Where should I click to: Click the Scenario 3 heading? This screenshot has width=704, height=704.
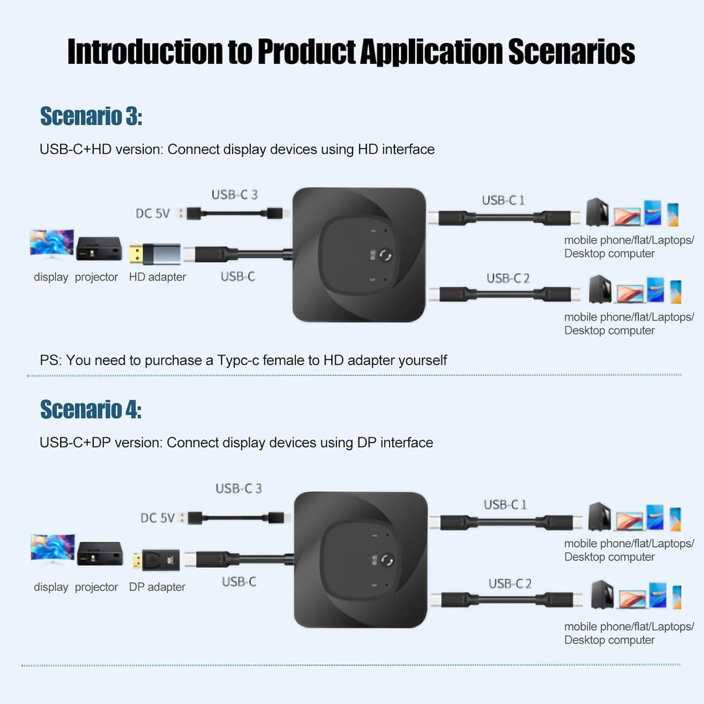(x=91, y=117)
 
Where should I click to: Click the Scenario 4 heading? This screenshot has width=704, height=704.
(x=91, y=409)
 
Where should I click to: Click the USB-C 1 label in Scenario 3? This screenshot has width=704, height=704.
(x=503, y=200)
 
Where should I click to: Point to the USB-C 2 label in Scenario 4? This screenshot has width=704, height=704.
(x=510, y=583)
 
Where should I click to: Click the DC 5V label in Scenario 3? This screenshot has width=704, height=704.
(x=153, y=213)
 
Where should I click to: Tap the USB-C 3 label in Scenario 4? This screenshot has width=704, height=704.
(x=239, y=488)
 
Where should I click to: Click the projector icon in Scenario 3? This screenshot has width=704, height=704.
(x=98, y=248)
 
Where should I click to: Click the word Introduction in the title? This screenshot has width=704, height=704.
(x=145, y=51)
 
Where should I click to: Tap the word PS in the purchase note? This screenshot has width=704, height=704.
(x=48, y=360)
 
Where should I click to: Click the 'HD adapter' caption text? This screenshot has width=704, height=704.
(x=157, y=277)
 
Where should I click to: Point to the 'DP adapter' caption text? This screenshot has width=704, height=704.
(x=157, y=587)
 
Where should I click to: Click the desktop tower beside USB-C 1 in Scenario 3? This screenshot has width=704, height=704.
(x=596, y=212)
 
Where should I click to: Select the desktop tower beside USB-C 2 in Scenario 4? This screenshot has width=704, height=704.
(x=600, y=594)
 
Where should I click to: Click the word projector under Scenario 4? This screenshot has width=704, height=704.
(x=96, y=587)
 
